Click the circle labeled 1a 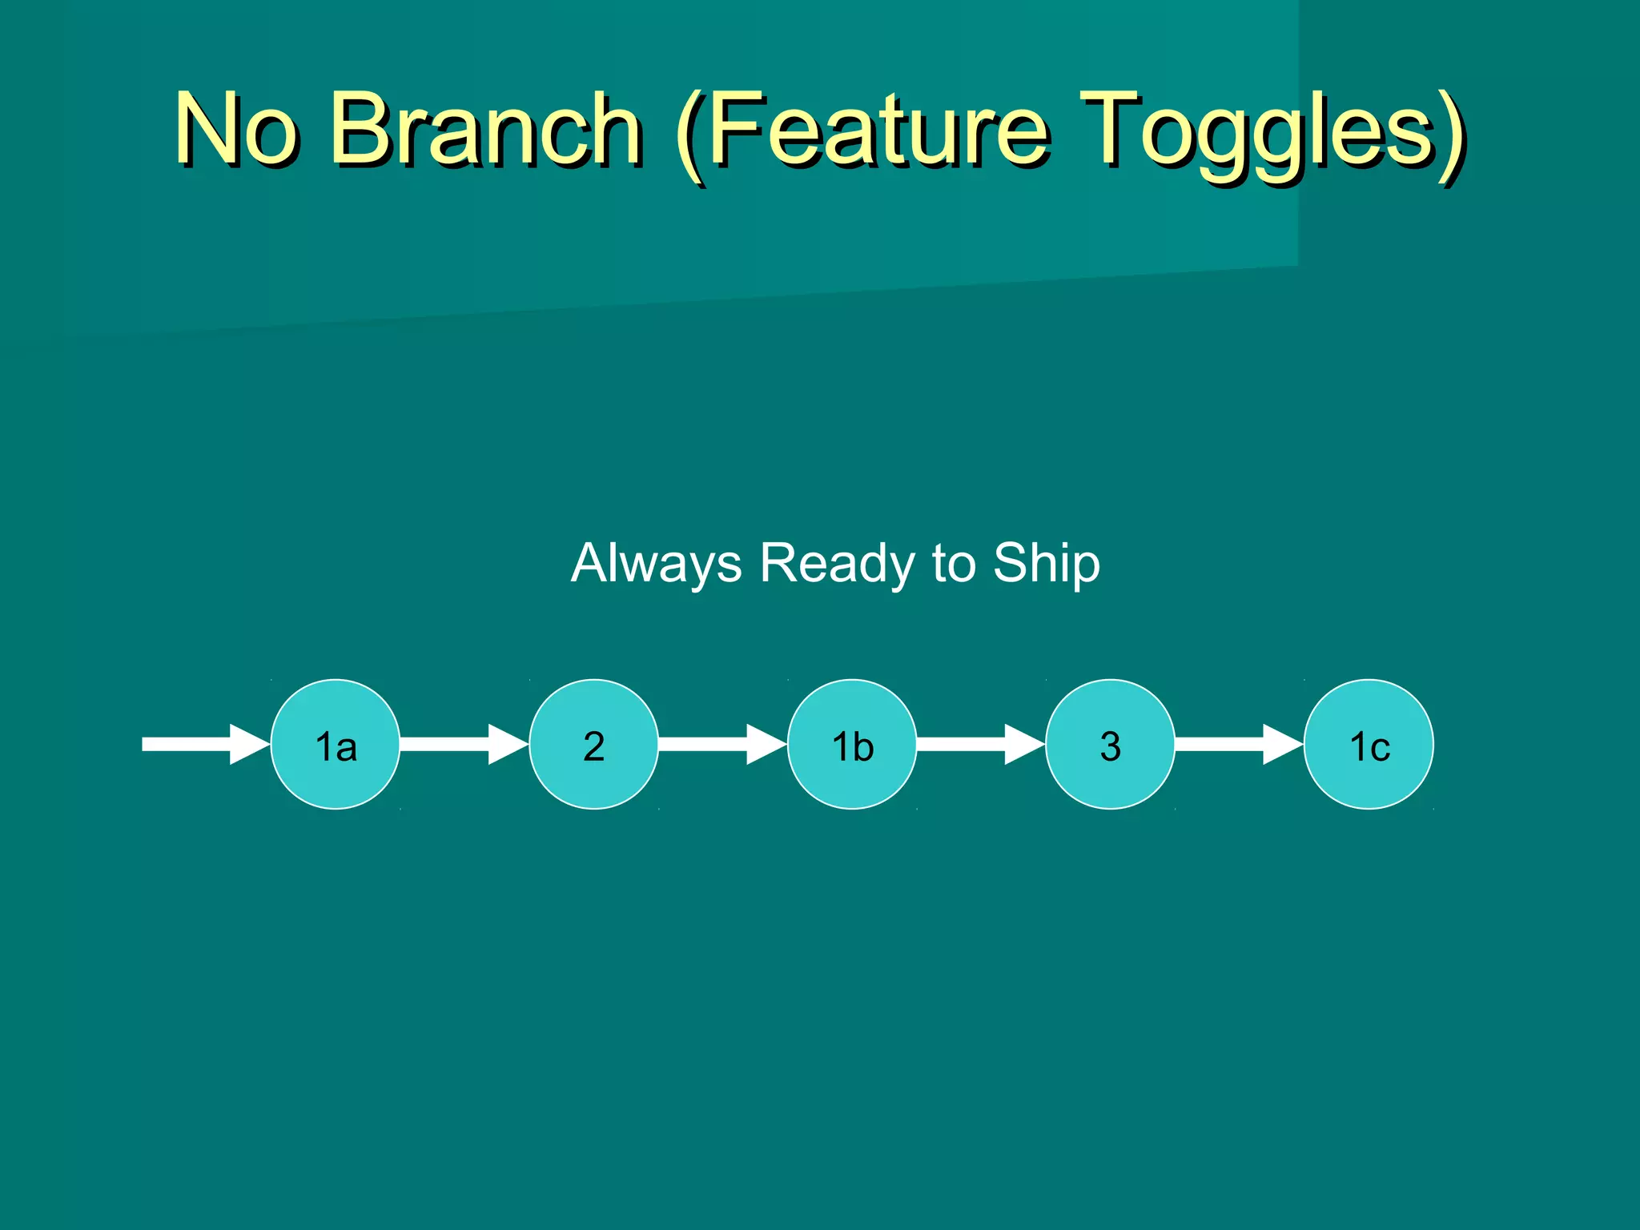(336, 744)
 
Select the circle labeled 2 (593, 744)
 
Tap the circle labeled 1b (852, 744)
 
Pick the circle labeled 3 (1110, 744)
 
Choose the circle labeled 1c (1369, 744)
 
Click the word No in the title (235, 128)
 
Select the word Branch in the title (485, 128)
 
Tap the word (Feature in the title (861, 128)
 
